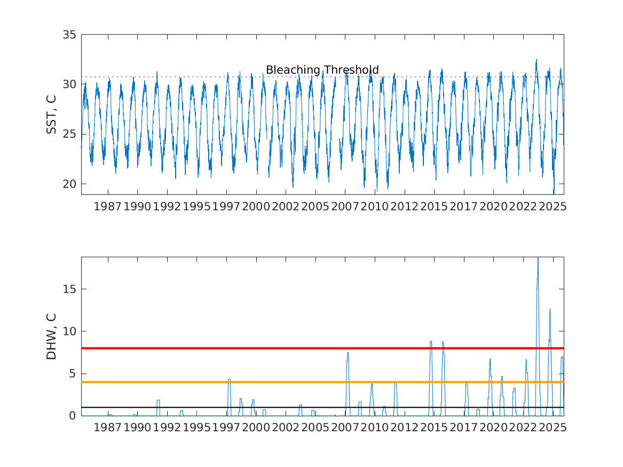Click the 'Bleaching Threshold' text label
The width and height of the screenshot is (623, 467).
322,70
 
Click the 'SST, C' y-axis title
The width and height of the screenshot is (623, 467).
51,114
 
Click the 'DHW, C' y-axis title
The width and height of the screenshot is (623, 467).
51,336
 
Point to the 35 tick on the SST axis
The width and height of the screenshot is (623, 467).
70,35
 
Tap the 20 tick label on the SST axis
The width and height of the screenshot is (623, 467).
70,184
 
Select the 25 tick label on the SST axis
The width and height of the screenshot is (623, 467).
70,134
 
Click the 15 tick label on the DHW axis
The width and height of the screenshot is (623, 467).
70,289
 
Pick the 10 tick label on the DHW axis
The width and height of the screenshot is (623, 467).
70,331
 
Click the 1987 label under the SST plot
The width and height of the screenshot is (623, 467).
107,207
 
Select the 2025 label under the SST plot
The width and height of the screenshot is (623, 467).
552,207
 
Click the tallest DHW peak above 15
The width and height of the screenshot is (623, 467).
538,259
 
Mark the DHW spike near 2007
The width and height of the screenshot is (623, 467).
348,353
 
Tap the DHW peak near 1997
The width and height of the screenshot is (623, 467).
229,379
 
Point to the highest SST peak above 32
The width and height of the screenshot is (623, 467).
537,60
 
